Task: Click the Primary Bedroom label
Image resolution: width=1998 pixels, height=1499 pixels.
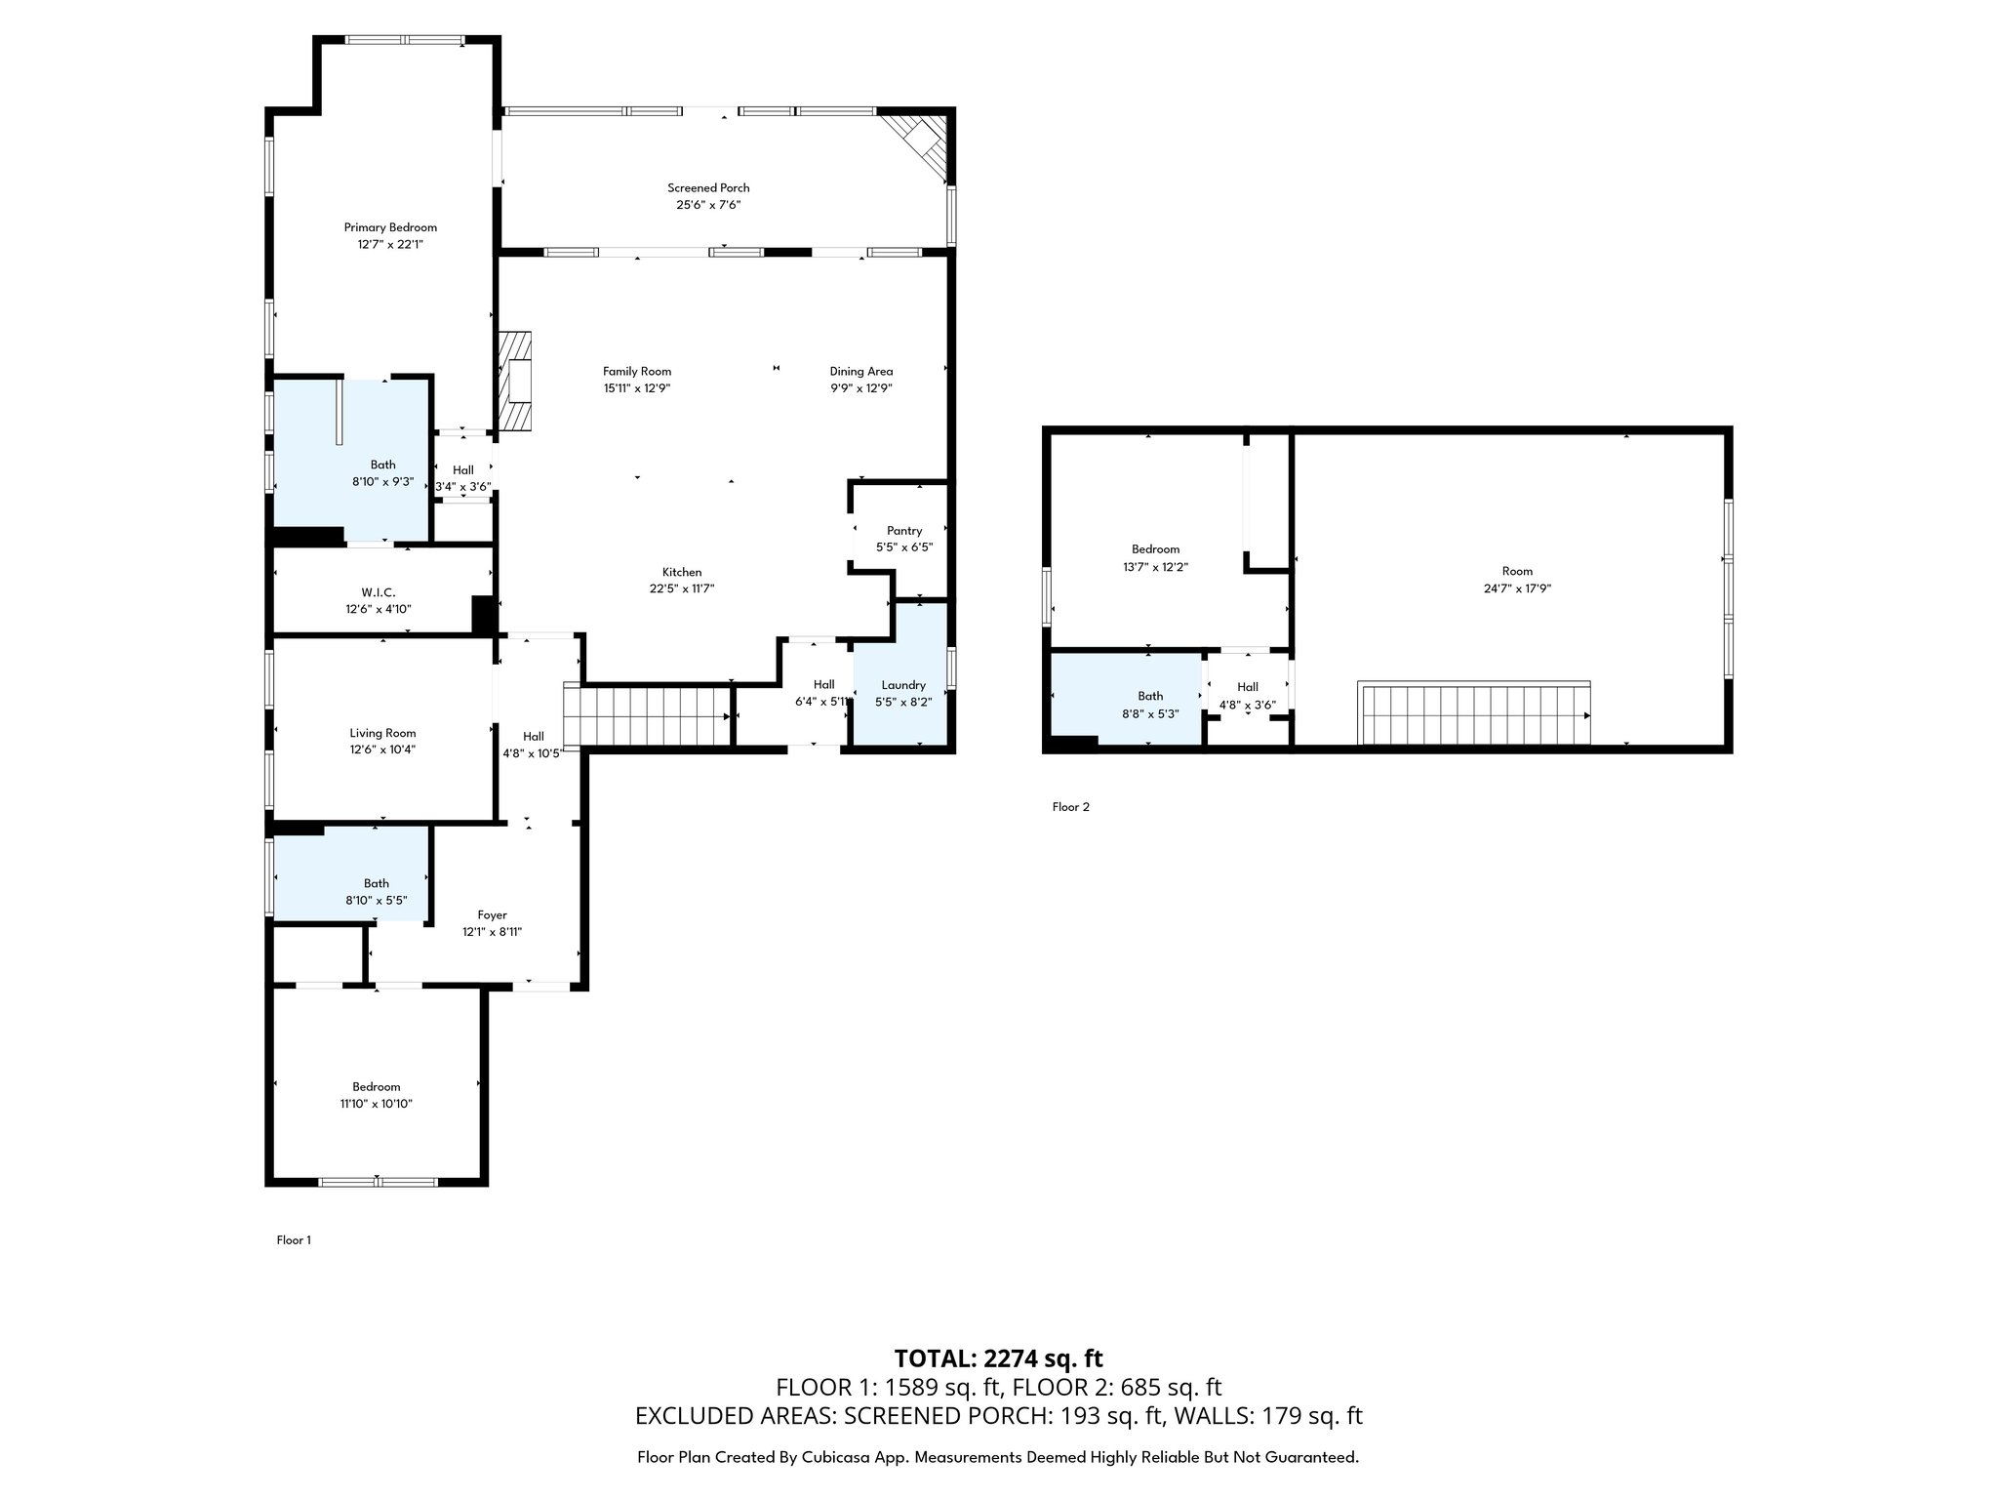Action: click(390, 227)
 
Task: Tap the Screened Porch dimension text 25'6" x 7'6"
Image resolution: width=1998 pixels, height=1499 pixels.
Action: click(708, 205)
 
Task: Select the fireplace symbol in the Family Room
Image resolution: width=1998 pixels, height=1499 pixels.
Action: click(516, 382)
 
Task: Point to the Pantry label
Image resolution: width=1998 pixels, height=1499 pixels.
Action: click(904, 531)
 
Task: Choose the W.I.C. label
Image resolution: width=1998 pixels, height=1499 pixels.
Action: click(379, 592)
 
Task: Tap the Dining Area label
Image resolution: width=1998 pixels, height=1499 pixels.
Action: click(860, 371)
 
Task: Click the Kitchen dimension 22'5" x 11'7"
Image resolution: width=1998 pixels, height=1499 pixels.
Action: click(682, 588)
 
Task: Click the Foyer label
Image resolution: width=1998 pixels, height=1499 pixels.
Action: click(492, 915)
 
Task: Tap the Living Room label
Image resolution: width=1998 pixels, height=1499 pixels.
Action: click(382, 733)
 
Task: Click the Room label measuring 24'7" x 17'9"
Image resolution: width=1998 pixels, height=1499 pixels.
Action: click(1517, 572)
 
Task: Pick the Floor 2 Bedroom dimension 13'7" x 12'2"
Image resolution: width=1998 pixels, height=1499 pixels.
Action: click(1155, 566)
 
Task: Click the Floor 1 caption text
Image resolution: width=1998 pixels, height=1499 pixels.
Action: click(294, 1240)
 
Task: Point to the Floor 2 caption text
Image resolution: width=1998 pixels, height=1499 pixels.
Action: click(1070, 807)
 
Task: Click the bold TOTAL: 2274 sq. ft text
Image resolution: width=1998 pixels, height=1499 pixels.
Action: click(998, 1358)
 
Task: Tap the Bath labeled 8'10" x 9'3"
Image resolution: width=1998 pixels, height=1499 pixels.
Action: click(382, 465)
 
